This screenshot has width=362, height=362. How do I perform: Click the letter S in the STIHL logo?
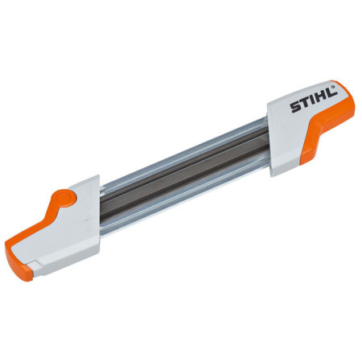pyautogui.click(x=295, y=108)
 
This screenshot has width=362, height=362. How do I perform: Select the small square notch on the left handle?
pyautogui.click(x=35, y=266)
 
